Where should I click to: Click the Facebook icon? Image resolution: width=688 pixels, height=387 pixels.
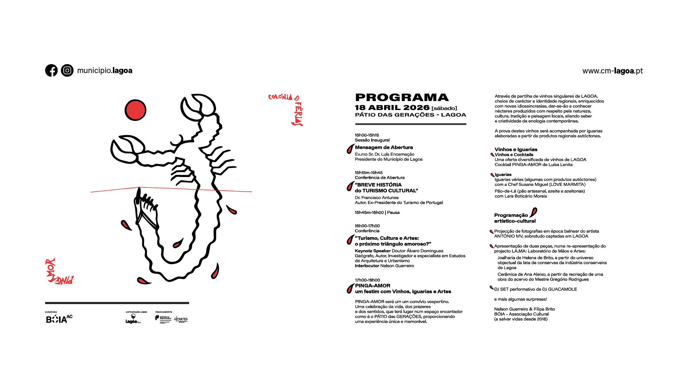pyautogui.click(x=51, y=71)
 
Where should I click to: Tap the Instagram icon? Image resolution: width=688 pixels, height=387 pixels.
pyautogui.click(x=67, y=71)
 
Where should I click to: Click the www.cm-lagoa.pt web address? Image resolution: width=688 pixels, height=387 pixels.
pyautogui.click(x=612, y=71)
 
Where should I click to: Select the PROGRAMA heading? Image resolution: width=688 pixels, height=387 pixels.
pyautogui.click(x=402, y=97)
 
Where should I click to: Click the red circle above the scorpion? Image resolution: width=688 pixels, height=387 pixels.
pyautogui.click(x=135, y=110)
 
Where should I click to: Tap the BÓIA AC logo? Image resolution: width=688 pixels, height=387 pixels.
pyautogui.click(x=59, y=319)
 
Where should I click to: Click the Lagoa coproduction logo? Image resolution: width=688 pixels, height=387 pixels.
pyautogui.click(x=133, y=319)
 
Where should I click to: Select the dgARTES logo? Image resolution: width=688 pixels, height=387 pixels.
pyautogui.click(x=181, y=319)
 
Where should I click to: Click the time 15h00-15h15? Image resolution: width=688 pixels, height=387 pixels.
pyautogui.click(x=367, y=135)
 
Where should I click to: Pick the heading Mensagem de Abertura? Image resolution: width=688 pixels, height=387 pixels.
pyautogui.click(x=384, y=147)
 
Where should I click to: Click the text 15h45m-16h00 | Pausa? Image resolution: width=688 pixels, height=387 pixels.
pyautogui.click(x=377, y=212)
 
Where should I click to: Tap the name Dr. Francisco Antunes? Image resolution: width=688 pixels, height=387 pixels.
pyautogui.click(x=377, y=197)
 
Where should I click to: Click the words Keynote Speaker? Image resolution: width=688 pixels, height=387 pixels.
pyautogui.click(x=372, y=251)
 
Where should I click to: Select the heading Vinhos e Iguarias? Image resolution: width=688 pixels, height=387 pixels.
pyautogui.click(x=516, y=149)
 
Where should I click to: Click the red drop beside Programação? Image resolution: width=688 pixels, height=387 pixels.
pyautogui.click(x=534, y=212)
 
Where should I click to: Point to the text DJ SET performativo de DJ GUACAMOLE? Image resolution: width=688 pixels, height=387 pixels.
pyautogui.click(x=535, y=289)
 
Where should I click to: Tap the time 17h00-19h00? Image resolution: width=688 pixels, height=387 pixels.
pyautogui.click(x=367, y=280)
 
